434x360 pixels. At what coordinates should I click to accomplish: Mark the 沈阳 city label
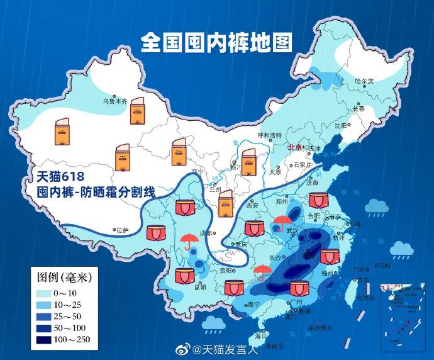pos(341,125)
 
